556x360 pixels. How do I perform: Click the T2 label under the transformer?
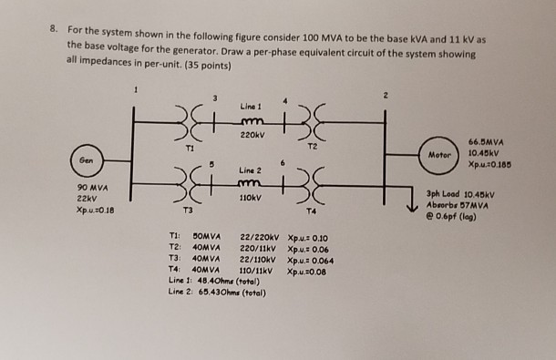click(x=313, y=145)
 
